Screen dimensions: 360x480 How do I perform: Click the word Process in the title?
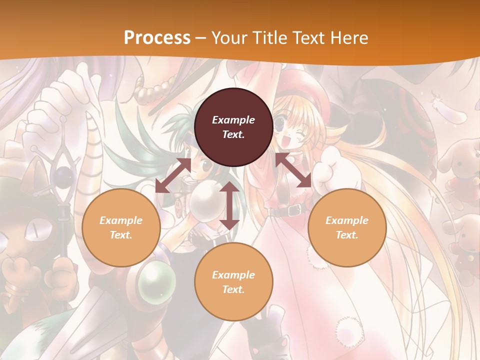click(x=157, y=38)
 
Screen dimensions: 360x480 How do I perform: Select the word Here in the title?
click(x=348, y=38)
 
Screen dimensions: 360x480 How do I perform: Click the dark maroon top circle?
click(x=233, y=127)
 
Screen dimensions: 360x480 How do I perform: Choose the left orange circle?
click(x=121, y=227)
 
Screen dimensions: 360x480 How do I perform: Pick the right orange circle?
click(x=347, y=227)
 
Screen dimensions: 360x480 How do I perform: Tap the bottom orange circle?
click(x=233, y=281)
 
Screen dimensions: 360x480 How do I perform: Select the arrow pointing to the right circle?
click(x=293, y=170)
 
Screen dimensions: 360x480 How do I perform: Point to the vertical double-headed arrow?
click(x=229, y=205)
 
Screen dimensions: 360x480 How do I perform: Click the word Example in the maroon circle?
click(x=233, y=120)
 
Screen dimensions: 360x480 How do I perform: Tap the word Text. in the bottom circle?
click(x=233, y=289)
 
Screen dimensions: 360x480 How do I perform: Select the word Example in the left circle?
click(x=121, y=220)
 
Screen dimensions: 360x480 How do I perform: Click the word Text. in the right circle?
click(x=347, y=235)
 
